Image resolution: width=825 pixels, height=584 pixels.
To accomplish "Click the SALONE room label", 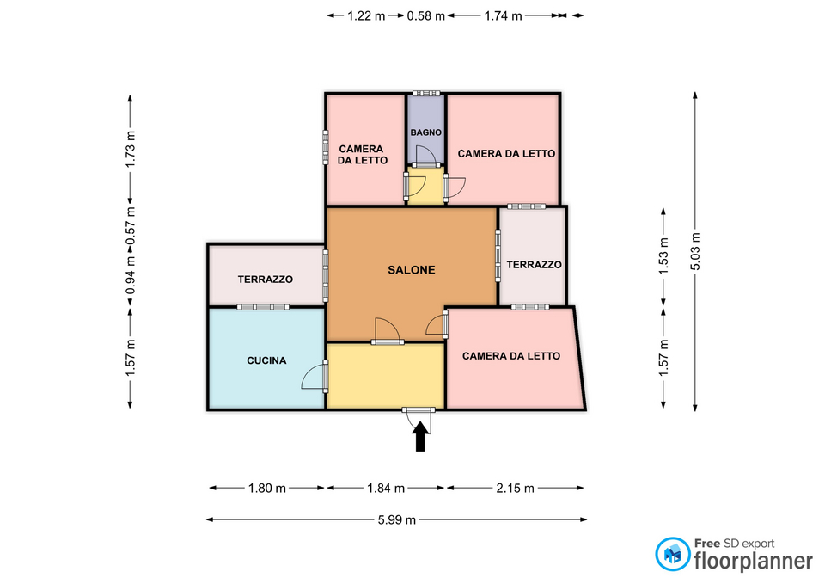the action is pyautogui.click(x=412, y=270).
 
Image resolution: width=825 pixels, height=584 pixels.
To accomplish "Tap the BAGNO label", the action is pyautogui.click(x=425, y=132).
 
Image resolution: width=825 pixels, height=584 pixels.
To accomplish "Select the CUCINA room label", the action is pyautogui.click(x=266, y=360).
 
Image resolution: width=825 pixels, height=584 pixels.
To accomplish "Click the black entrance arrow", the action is pyautogui.click(x=420, y=437).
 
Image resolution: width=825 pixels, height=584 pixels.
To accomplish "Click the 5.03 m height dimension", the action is pyautogui.click(x=695, y=251).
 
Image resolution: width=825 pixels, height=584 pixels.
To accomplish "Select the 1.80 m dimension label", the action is pyautogui.click(x=266, y=489).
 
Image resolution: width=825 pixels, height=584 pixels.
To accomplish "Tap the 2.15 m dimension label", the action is pyautogui.click(x=515, y=489).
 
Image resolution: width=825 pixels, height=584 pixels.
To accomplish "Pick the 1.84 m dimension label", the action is pyautogui.click(x=386, y=489).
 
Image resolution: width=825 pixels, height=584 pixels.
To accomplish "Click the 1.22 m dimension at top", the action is pyautogui.click(x=366, y=15).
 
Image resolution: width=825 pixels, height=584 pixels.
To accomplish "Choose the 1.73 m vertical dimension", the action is pyautogui.click(x=131, y=149).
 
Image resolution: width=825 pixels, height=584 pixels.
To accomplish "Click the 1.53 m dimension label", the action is pyautogui.click(x=663, y=256).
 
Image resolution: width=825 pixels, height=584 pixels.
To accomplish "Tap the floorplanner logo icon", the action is pyautogui.click(x=672, y=554).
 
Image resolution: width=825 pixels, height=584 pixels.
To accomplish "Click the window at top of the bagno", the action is pyautogui.click(x=426, y=93).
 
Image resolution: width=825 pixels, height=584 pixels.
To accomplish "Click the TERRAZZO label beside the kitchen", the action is pyautogui.click(x=266, y=280).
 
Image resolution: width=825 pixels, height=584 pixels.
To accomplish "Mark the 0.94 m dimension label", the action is pyautogui.click(x=131, y=275).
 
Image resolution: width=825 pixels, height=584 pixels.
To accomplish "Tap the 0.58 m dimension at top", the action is pyautogui.click(x=426, y=15).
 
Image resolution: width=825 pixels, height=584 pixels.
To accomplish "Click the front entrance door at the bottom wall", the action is pyautogui.click(x=419, y=410).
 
